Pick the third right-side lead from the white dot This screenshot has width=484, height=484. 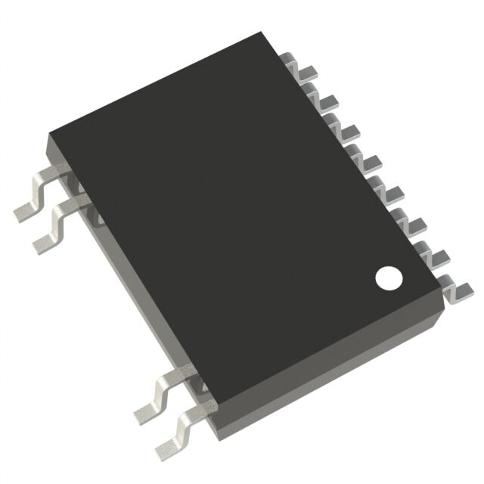[x=418, y=225]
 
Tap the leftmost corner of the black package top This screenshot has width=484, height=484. [x=50, y=135]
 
